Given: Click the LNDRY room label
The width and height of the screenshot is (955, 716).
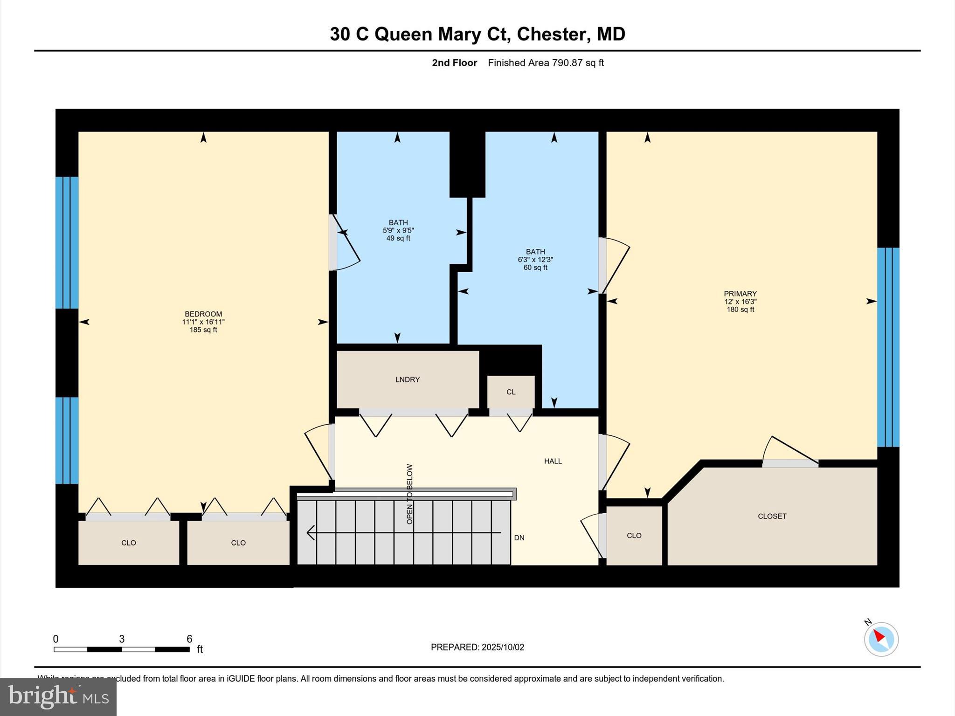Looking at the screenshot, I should pyautogui.click(x=408, y=379).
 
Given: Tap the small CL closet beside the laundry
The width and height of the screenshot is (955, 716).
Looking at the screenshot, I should pyautogui.click(x=511, y=392).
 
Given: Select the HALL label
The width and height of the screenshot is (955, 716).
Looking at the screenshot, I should pyautogui.click(x=553, y=461).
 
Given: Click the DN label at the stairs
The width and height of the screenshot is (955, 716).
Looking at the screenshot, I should pyautogui.click(x=519, y=538).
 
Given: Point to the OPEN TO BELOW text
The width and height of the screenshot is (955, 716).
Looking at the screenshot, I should pyautogui.click(x=409, y=494).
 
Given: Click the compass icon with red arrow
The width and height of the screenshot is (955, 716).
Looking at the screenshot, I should pyautogui.click(x=881, y=639).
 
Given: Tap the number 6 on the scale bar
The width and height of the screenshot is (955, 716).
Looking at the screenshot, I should pyautogui.click(x=189, y=639).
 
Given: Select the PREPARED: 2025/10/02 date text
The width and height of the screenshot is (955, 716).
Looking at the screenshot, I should pyautogui.click(x=477, y=647).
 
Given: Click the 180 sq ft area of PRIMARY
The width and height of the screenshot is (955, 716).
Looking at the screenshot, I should pyautogui.click(x=740, y=310).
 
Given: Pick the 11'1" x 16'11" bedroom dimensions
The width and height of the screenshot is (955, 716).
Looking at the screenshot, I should pyautogui.click(x=203, y=322).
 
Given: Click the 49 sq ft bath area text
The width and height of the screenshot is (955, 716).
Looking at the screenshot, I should pyautogui.click(x=398, y=238).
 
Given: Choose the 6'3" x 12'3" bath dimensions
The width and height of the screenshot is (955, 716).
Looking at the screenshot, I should pyautogui.click(x=535, y=260).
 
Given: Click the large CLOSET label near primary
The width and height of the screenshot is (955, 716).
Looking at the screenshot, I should pyautogui.click(x=772, y=516).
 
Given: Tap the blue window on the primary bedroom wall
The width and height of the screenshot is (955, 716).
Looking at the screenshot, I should pyautogui.click(x=888, y=347).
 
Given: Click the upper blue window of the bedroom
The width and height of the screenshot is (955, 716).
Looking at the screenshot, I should pyautogui.click(x=67, y=242).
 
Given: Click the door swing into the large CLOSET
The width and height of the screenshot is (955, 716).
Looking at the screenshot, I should pyautogui.click(x=790, y=452).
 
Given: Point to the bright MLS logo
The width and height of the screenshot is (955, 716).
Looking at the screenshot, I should pyautogui.click(x=58, y=697).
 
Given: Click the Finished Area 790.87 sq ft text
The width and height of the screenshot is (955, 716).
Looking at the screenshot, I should pyautogui.click(x=546, y=63).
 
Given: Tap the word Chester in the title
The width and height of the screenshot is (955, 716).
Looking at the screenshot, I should pyautogui.click(x=552, y=34).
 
